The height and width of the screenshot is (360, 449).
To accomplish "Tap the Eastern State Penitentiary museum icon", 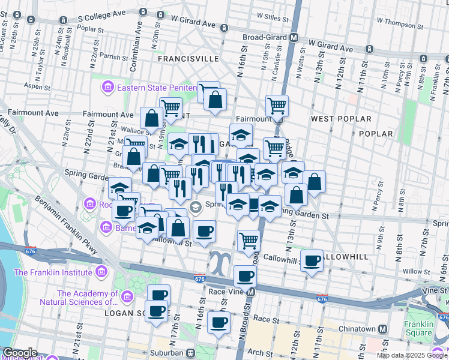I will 108,88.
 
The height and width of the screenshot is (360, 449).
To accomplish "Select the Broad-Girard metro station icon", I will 294,37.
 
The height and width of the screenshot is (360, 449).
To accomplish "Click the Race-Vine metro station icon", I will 251,292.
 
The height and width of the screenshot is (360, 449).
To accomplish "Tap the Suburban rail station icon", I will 190,353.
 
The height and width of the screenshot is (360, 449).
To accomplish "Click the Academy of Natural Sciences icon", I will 127,297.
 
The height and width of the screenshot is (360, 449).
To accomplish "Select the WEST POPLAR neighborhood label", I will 341,119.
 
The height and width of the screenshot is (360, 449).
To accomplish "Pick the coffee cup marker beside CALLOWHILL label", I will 312,261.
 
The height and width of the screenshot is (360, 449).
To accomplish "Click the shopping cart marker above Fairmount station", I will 277,106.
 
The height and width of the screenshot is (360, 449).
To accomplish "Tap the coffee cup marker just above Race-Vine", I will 244,277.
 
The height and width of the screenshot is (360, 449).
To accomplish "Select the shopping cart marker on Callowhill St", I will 249,241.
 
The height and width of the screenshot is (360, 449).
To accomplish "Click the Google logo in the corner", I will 19,353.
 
